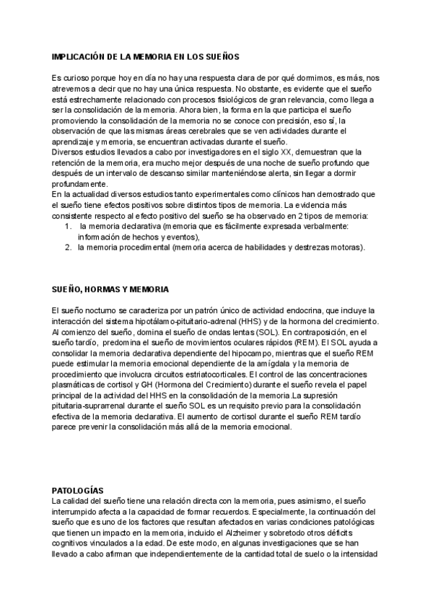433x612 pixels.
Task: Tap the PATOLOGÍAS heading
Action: [x=78, y=489]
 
